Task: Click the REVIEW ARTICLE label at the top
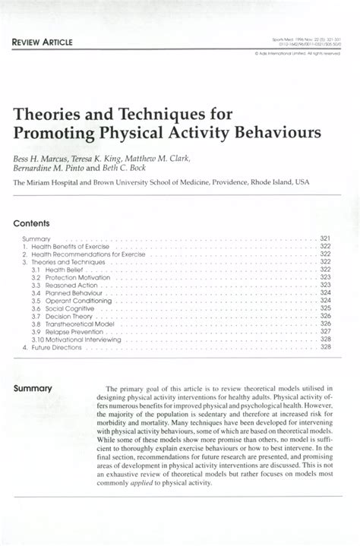click(x=40, y=41)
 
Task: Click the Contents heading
click(x=30, y=224)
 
